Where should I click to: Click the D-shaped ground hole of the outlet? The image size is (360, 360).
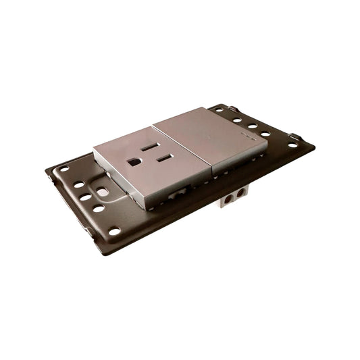click(x=134, y=162)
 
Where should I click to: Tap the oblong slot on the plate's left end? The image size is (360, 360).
click(x=103, y=192)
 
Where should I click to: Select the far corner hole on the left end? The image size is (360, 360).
click(x=64, y=169)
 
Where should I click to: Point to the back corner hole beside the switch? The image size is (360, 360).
click(x=220, y=109)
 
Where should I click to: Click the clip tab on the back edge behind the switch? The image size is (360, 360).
click(x=232, y=108)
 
